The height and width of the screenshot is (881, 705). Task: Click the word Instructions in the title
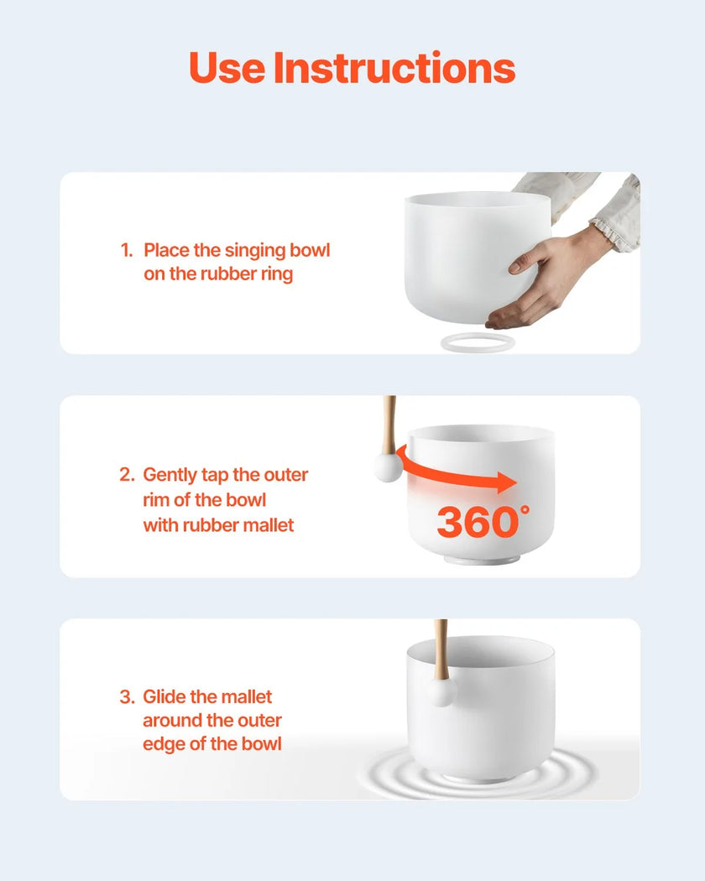[394, 68]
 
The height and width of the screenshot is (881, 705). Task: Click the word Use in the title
[227, 68]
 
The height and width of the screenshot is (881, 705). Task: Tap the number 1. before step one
[127, 250]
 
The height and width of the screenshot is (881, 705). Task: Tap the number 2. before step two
[127, 475]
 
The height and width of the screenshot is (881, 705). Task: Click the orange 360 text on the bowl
[478, 522]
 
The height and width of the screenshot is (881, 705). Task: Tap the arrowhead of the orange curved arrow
[506, 482]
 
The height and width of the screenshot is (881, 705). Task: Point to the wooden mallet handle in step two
[389, 425]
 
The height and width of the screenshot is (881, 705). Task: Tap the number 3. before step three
[127, 697]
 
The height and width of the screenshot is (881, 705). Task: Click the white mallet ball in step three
[441, 692]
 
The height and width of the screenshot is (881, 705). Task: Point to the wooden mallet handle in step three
[441, 649]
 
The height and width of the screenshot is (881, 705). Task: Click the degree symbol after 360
[525, 509]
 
